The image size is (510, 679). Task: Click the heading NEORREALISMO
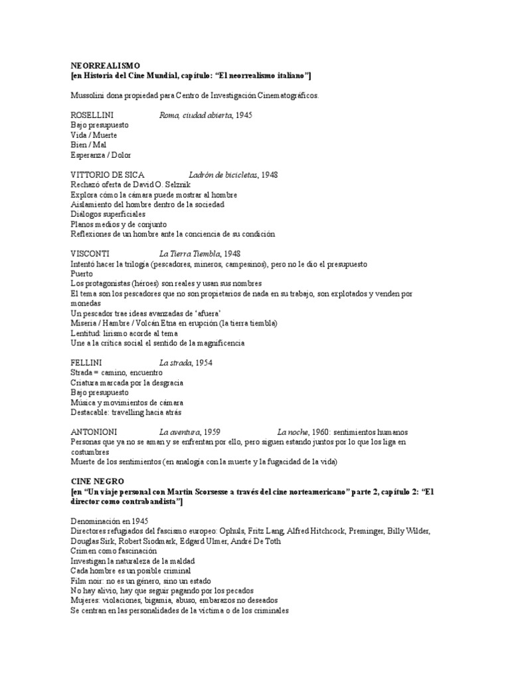(x=105, y=66)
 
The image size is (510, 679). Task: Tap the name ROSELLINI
(x=92, y=115)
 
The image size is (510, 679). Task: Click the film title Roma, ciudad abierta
(x=196, y=115)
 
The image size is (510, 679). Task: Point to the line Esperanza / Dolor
(x=101, y=155)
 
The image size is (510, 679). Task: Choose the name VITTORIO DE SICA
(x=106, y=175)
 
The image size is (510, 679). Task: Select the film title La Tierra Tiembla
(x=190, y=254)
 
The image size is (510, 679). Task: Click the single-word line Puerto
(x=82, y=274)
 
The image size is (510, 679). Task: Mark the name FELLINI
(x=86, y=363)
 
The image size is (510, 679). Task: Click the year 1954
(x=203, y=363)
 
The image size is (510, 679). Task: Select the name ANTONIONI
(x=94, y=432)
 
